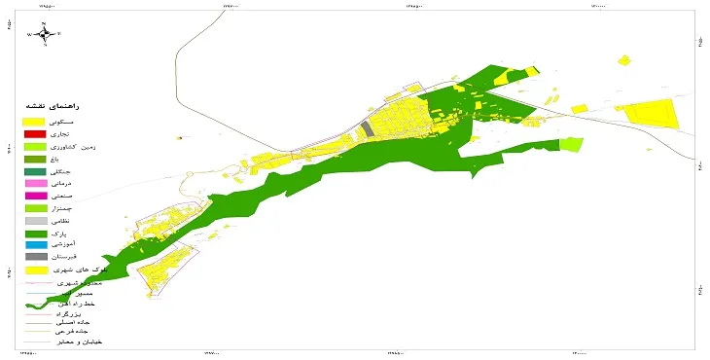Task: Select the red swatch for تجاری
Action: point(35,133)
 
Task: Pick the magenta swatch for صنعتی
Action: point(35,196)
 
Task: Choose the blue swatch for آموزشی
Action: point(35,244)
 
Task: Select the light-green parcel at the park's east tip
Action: point(572,144)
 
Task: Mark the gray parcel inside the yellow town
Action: point(366,129)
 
